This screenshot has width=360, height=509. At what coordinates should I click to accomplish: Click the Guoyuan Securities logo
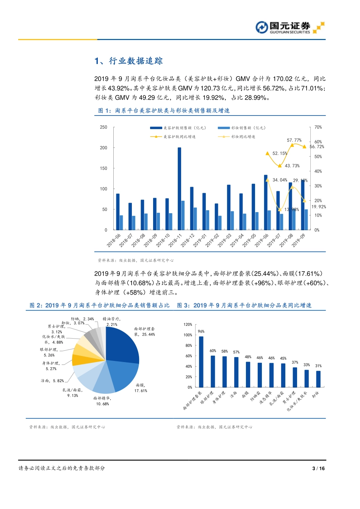[x=290, y=28]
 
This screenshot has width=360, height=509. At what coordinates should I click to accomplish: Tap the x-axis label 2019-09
[x=298, y=240]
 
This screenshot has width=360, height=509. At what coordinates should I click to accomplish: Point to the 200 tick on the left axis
[x=103, y=148]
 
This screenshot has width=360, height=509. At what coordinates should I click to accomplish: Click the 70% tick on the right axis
[x=318, y=127]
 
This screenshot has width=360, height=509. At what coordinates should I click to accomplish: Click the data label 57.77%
[x=294, y=140]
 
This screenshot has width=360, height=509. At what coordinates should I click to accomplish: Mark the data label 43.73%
[x=292, y=166]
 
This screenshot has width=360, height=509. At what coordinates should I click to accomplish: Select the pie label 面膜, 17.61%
[x=141, y=388]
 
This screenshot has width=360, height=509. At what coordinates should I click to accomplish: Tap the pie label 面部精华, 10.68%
[x=102, y=401]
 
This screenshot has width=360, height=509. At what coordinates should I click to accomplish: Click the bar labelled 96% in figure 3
[x=201, y=362]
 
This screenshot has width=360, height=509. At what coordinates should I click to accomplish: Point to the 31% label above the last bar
[x=318, y=366]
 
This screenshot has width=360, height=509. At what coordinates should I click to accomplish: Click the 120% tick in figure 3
[x=188, y=325]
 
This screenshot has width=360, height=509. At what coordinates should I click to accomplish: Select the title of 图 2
[x=99, y=305]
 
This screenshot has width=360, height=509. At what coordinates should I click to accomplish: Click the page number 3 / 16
[x=318, y=468]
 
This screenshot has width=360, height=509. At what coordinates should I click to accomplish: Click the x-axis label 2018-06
[x=113, y=240]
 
